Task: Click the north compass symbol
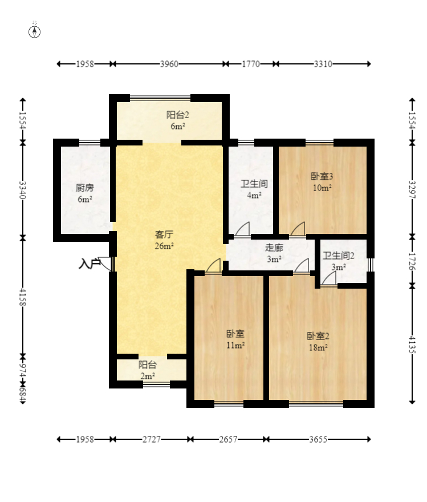coord(35,32)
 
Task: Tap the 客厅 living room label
coord(164,234)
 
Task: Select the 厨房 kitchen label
coord(85,188)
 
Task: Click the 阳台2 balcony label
coord(177,115)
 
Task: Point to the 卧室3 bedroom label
coord(322,176)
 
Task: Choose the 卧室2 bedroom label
coord(318,336)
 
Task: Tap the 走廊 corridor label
coord(274,248)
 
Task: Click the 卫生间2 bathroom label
coord(339,256)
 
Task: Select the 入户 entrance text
coord(89,264)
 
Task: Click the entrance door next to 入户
coord(106,264)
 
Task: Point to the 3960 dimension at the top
coord(169,64)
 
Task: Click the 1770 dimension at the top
coord(250,64)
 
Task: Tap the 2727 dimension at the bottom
coord(151,439)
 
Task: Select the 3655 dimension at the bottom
coord(318,439)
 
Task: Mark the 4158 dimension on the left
coord(22,297)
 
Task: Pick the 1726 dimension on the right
coord(412,261)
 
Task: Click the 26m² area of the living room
coord(164,246)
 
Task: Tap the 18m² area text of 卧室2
coord(318,347)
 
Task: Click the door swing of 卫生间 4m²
coord(242,229)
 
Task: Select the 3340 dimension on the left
coord(22,190)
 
